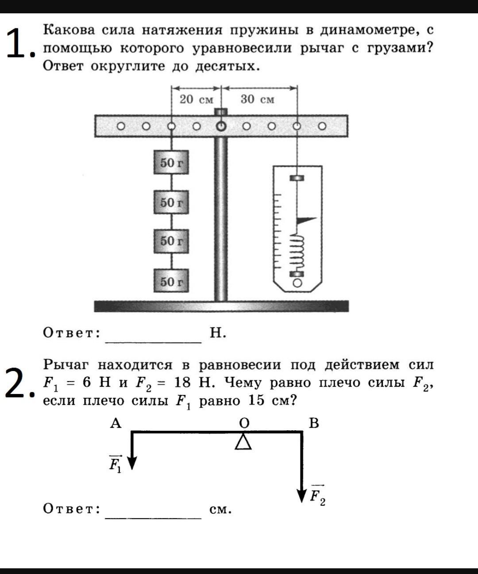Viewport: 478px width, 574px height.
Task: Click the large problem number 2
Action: pos(17,383)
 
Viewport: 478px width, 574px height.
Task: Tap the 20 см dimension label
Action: pos(196,99)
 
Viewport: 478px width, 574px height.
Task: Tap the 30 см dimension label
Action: pos(257,99)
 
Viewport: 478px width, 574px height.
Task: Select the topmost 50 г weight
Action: pos(171,163)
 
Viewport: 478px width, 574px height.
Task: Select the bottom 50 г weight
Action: pos(171,281)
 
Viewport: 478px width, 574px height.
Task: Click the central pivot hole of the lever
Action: pos(220,126)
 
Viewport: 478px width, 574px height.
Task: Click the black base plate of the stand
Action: pos(221,306)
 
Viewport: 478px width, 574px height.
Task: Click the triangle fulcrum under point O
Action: pos(243,441)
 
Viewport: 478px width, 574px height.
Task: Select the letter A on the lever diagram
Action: pos(116,423)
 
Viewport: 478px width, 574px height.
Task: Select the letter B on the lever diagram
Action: pos(313,423)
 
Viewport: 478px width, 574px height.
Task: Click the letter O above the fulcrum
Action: pos(244,423)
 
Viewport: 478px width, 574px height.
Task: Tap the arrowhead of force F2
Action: pos(302,495)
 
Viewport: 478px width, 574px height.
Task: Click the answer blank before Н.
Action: pos(153,336)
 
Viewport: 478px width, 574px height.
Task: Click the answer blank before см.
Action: pos(153,512)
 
